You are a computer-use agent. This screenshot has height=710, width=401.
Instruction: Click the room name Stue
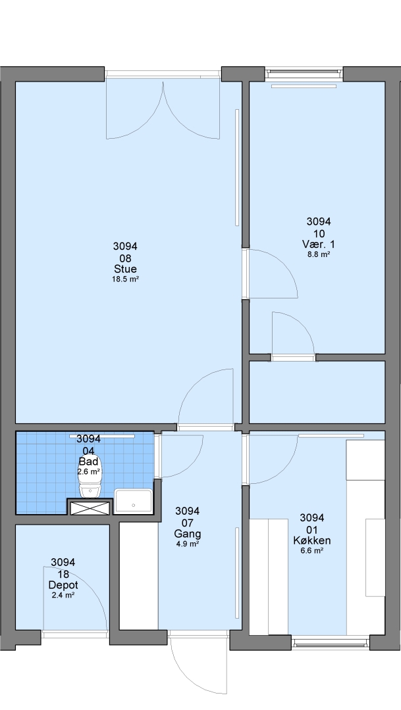[x=125, y=269]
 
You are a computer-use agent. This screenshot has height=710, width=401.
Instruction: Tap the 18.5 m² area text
[x=125, y=279]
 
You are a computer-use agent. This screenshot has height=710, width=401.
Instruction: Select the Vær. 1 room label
[x=319, y=244]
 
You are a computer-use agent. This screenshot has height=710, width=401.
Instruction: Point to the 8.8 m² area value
[x=319, y=254]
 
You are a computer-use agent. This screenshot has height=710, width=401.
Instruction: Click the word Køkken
[x=311, y=540]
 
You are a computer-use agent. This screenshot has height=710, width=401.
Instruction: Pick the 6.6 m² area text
[x=312, y=551]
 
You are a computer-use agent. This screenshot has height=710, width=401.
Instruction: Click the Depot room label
[x=63, y=585]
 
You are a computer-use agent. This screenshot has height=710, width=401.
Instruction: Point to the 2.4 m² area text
[x=63, y=596]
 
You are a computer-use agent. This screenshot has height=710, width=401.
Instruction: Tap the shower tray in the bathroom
[x=133, y=501]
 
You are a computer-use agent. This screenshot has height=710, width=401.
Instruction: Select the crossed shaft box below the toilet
[x=90, y=508]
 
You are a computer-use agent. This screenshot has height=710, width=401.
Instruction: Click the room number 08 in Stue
[x=125, y=258]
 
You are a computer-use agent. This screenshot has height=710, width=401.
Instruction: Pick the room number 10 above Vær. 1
[x=319, y=233]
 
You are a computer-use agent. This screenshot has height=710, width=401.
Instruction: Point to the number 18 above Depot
[x=63, y=574]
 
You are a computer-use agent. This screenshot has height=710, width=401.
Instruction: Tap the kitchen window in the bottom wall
[x=331, y=642]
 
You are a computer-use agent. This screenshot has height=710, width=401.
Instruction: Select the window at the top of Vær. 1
[x=304, y=72]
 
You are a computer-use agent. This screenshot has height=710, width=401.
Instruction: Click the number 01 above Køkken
[x=312, y=529]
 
